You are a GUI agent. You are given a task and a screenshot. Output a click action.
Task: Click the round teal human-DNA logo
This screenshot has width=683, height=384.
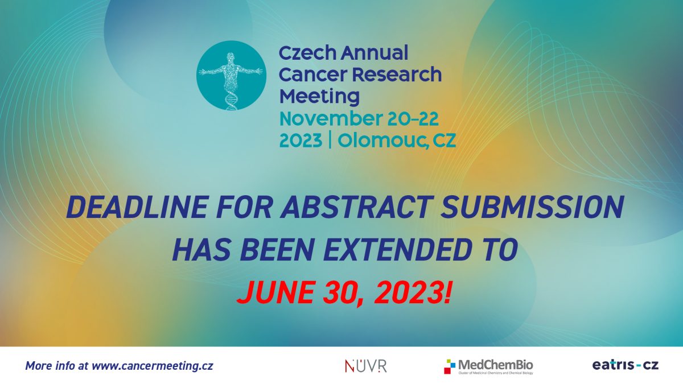pyautogui.click(x=231, y=75)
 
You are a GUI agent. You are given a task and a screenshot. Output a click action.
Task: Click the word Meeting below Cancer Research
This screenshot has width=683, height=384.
pyautogui.click(x=319, y=97)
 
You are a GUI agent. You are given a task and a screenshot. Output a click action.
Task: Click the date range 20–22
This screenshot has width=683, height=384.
pyautogui.click(x=413, y=119)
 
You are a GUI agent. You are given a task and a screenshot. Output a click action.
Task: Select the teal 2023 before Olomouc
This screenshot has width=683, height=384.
pyautogui.click(x=301, y=141)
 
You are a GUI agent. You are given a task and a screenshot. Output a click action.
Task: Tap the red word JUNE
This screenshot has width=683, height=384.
pyautogui.click(x=275, y=292)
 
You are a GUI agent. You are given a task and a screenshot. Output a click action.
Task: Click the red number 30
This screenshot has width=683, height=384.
pyautogui.click(x=343, y=293)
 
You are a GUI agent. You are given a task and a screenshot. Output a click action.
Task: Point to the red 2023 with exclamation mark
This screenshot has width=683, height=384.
pyautogui.click(x=412, y=292)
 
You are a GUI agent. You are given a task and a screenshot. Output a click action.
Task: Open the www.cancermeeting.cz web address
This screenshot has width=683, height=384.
pyautogui.click(x=153, y=365)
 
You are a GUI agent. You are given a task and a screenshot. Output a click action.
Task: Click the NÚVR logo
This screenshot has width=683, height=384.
pyautogui.click(x=365, y=366)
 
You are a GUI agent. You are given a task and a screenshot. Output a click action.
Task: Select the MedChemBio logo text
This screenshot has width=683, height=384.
pyautogui.click(x=496, y=365)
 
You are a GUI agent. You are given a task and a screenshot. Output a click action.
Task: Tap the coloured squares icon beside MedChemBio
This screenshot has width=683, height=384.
pyautogui.click(x=450, y=366)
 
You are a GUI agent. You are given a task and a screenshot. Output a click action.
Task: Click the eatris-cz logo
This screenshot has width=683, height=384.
pyautogui.click(x=626, y=365)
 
